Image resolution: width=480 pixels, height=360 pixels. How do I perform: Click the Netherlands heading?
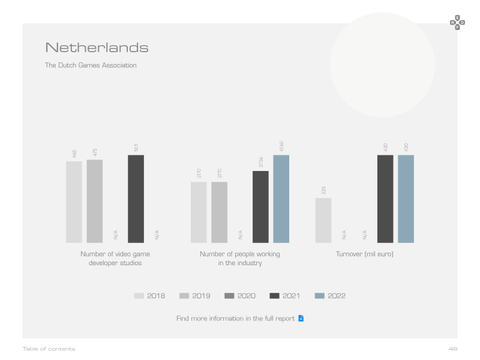[x=97, y=48]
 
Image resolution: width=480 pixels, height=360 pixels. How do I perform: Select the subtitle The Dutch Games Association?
[x=91, y=65]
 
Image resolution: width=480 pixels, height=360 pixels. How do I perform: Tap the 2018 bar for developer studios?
[x=74, y=202]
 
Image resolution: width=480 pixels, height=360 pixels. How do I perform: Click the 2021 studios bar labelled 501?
[x=136, y=199]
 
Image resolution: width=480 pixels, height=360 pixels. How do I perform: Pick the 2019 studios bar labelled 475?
[x=95, y=201]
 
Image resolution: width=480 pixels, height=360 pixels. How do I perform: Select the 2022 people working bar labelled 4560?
[x=281, y=199]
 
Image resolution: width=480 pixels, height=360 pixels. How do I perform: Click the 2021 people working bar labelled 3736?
[x=260, y=207]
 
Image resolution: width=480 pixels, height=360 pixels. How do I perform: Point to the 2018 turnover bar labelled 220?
[x=323, y=220]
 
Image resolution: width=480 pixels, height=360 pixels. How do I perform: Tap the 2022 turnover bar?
[x=406, y=199]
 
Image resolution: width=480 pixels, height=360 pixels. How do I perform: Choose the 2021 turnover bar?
[x=385, y=199]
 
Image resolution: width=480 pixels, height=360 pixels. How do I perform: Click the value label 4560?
[x=281, y=146]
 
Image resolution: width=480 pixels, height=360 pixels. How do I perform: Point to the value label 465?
[x=74, y=154]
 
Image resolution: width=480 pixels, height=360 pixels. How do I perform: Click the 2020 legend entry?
[x=240, y=296]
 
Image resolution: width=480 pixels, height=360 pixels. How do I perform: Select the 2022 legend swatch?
[x=320, y=296]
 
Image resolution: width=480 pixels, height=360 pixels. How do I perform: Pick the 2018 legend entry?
[x=149, y=296]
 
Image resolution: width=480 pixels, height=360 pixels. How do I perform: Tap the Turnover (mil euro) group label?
[x=365, y=254]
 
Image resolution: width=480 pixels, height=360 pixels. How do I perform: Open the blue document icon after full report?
[x=301, y=319]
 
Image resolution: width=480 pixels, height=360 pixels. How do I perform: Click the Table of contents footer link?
[x=49, y=349]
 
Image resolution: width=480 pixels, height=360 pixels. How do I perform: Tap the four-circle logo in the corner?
[x=457, y=23]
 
